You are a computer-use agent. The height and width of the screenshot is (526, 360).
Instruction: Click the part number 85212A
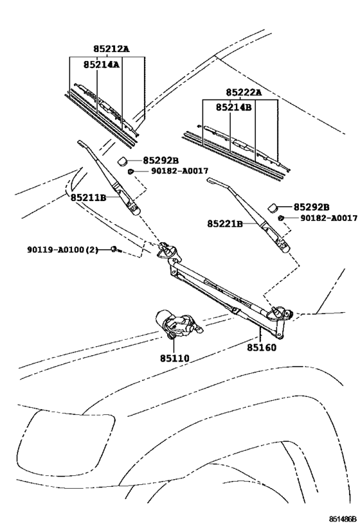tap(111, 49)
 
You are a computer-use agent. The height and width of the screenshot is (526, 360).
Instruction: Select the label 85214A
tap(102, 64)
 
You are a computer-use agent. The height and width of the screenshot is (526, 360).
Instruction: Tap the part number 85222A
tap(244, 92)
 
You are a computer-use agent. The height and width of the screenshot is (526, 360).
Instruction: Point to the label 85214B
tap(233, 107)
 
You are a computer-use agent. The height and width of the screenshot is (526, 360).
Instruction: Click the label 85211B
tap(88, 198)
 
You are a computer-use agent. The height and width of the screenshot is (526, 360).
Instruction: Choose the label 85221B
tap(224, 224)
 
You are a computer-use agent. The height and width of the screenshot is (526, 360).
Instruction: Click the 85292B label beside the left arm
tap(161, 161)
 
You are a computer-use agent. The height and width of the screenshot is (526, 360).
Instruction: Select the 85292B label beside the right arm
tap(311, 207)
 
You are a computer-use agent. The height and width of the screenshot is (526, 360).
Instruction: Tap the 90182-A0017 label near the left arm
tap(179, 171)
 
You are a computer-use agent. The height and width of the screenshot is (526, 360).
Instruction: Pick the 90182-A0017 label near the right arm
tap(328, 218)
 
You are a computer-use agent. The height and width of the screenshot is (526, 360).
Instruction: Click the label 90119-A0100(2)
tap(62, 250)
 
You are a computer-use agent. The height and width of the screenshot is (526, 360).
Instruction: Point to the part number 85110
tap(174, 358)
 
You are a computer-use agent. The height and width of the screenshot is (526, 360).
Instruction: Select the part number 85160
tap(262, 347)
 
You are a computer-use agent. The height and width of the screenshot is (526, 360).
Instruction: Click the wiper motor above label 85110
tap(178, 324)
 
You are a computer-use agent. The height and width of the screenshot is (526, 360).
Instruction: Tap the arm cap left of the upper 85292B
tap(122, 161)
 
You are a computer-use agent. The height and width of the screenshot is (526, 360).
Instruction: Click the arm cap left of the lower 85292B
tap(273, 207)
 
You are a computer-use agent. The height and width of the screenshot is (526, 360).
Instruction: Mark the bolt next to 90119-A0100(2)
tap(116, 249)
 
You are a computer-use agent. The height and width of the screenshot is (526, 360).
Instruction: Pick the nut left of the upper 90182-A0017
tap(130, 171)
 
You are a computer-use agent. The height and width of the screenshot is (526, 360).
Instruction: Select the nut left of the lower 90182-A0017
tap(280, 218)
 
